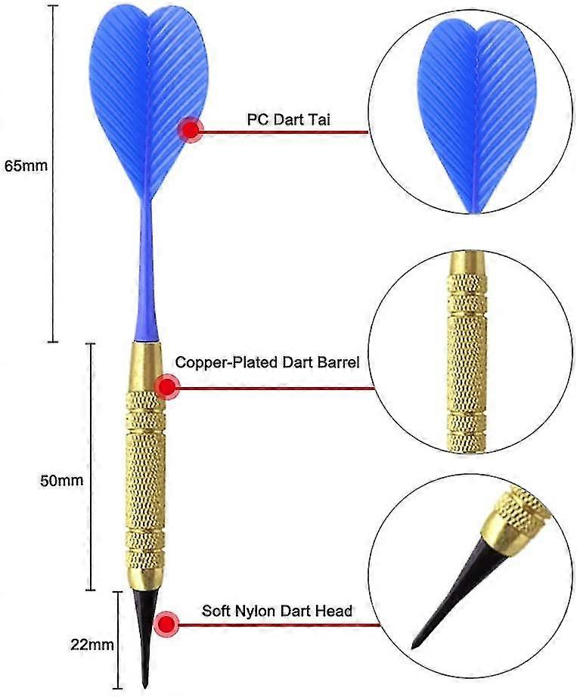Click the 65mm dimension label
[26, 166]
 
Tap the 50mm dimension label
[62, 480]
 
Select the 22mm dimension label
[92, 644]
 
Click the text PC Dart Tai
[289, 119]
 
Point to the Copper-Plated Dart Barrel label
[267, 362]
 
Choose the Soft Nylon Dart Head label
[277, 610]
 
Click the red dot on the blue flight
[191, 130]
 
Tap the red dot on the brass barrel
[167, 387]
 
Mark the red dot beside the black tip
[166, 624]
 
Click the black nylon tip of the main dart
[145, 636]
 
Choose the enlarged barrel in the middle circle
[467, 352]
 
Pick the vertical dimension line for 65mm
[53, 174]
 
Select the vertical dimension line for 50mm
[91, 466]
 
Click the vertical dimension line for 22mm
[118, 640]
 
